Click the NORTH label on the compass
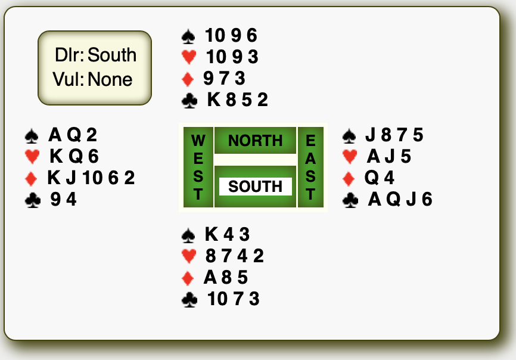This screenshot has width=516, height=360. (x=255, y=141)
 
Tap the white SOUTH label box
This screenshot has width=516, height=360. (x=255, y=187)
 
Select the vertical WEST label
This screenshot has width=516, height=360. (x=198, y=167)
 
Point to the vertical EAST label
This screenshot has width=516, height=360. (x=310, y=167)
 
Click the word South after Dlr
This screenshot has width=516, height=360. (x=112, y=55)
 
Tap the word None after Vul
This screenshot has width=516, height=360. (x=110, y=79)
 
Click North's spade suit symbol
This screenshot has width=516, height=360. (x=189, y=37)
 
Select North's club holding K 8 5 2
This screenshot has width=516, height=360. (x=237, y=100)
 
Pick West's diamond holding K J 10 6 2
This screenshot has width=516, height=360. (x=91, y=178)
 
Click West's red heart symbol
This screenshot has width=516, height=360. (x=32, y=157)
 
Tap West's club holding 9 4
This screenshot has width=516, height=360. (x=64, y=199)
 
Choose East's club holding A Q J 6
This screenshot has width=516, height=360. (x=400, y=199)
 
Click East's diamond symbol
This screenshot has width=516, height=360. (x=350, y=178)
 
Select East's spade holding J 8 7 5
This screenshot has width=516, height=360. (x=394, y=135)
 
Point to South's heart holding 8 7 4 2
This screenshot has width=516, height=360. (x=234, y=256)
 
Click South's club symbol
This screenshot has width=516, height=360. (x=189, y=299)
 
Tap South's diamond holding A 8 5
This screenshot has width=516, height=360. (x=225, y=277)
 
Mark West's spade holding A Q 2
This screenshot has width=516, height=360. (x=72, y=135)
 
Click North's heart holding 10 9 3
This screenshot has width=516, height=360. (x=232, y=57)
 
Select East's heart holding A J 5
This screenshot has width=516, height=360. (x=389, y=156)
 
